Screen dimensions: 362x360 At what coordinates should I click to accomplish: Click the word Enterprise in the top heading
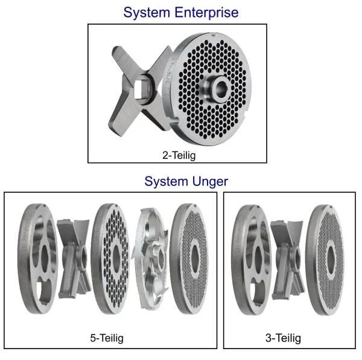206,13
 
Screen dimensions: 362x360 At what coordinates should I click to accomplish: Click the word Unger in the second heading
209,182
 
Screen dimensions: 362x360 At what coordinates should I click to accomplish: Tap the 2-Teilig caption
179,155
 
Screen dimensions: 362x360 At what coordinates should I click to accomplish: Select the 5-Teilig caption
107,338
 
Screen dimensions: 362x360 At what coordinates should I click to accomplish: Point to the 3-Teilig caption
284,338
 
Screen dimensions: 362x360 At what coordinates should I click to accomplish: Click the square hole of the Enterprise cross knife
141,89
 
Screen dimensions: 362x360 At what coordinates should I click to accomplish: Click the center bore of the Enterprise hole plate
222,88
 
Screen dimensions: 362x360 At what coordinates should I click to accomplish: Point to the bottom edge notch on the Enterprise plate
175,120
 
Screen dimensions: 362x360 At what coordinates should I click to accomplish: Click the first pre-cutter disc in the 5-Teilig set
37,259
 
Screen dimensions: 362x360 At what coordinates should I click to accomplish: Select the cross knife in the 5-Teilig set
74,259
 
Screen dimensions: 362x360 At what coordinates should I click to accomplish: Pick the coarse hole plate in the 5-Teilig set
110,259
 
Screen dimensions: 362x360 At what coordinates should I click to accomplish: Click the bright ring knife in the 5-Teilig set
151,259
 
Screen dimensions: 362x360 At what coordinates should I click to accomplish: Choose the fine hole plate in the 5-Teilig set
189,259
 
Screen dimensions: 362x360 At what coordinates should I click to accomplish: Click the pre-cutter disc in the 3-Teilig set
251,260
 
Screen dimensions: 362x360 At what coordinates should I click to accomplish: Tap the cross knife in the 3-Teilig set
288,260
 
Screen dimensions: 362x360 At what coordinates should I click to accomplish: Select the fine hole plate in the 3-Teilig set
325,260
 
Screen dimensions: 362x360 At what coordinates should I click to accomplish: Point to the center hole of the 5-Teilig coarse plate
116,258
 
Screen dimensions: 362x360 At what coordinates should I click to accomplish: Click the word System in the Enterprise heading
147,13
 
